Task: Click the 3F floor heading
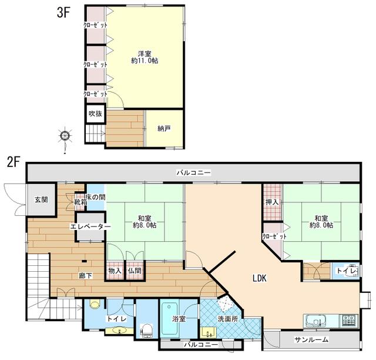click(63, 12)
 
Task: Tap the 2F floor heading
click(14, 162)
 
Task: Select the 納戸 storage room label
click(164, 128)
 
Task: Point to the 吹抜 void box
click(96, 114)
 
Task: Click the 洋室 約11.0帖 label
click(145, 57)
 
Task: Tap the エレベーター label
click(90, 226)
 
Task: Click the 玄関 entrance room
click(41, 200)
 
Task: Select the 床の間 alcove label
click(95, 197)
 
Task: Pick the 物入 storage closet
click(115, 270)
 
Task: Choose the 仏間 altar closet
click(135, 270)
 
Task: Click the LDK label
click(260, 278)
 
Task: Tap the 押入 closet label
click(272, 202)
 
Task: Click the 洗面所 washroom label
click(228, 319)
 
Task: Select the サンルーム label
click(311, 339)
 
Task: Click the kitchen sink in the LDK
click(315, 321)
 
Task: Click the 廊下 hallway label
click(86, 276)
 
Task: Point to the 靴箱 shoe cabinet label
click(80, 202)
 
